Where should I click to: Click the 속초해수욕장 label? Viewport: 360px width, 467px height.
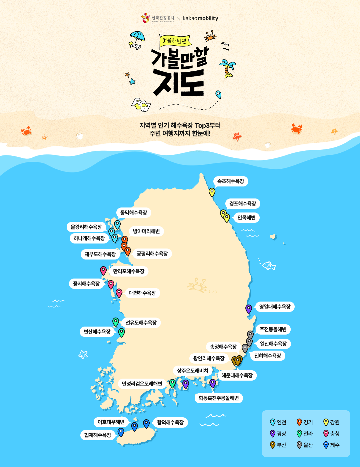point(231,181)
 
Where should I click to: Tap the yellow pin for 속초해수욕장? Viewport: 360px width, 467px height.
point(212,192)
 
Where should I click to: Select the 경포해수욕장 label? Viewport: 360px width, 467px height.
point(243,203)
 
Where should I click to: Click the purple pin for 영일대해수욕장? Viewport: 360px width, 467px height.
point(249,309)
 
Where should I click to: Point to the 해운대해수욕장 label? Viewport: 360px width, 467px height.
point(237,375)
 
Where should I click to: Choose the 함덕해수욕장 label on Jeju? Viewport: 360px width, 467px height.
point(170,422)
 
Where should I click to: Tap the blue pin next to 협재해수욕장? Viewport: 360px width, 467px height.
point(121,432)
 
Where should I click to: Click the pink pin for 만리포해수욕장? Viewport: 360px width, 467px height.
point(103,270)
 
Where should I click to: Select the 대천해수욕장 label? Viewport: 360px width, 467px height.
point(142,293)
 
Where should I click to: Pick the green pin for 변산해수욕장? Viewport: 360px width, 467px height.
point(122,332)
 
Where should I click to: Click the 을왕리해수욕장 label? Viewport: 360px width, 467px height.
point(86,227)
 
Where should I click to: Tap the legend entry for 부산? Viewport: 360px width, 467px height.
point(278,445)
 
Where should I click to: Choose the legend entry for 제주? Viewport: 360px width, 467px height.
point(331,445)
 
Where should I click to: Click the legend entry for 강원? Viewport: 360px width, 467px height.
point(331,422)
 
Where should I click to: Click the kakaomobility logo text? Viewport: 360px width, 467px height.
point(200,18)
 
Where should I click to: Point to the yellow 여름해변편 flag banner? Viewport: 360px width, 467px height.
point(175,41)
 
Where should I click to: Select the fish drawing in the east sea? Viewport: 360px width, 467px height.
point(269,266)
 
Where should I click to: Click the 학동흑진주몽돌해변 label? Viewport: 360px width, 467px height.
point(219,398)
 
